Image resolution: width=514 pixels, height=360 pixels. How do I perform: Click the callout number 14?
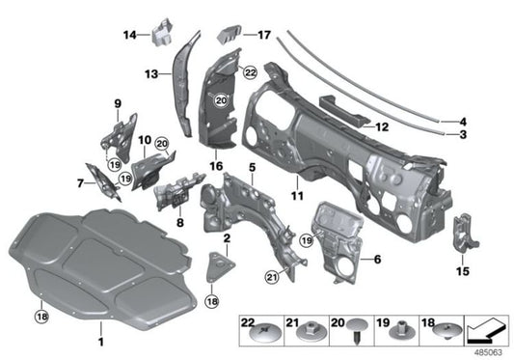point(128,35)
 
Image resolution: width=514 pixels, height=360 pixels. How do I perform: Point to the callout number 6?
point(377,259)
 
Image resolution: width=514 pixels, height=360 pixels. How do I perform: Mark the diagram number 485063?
point(490,351)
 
